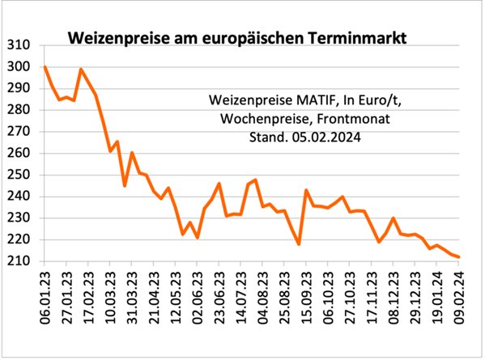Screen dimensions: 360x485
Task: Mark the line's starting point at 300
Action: tap(45, 66)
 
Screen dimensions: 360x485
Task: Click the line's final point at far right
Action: tap(459, 257)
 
